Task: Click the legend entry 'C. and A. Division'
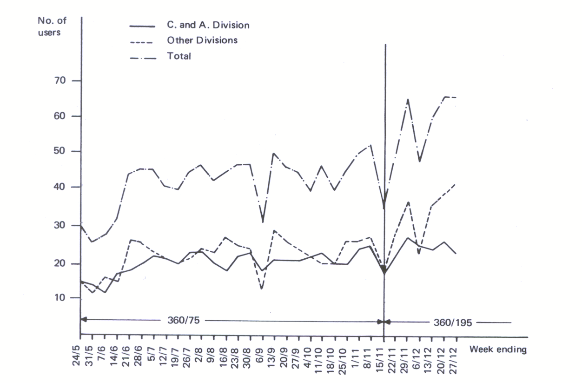[208, 25]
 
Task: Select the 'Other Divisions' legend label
[202, 40]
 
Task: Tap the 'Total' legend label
[179, 56]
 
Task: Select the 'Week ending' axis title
[498, 349]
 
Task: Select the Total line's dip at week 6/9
[263, 222]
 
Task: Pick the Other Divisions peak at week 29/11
[408, 202]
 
